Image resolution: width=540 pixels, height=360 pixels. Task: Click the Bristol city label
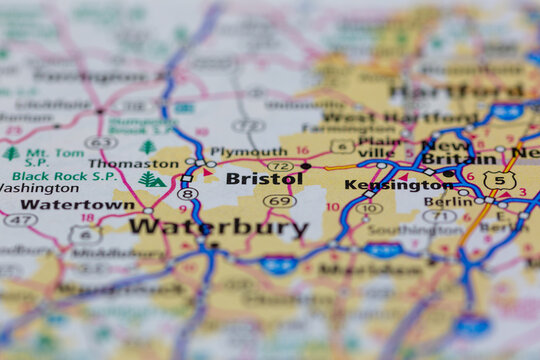(x=264, y=179)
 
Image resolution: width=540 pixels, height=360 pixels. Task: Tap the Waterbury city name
(x=218, y=227)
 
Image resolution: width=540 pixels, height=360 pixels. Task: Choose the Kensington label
(x=384, y=185)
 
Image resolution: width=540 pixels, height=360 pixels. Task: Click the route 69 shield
(x=279, y=201)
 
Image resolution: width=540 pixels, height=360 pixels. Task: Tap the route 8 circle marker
(x=185, y=194)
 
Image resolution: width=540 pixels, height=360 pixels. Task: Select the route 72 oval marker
(x=281, y=166)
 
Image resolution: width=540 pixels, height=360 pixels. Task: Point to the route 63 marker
(x=99, y=142)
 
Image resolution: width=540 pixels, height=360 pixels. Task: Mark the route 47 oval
(x=19, y=220)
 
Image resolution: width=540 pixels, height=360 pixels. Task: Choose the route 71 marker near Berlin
(x=438, y=216)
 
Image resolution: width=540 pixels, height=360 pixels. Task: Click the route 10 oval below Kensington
(x=369, y=208)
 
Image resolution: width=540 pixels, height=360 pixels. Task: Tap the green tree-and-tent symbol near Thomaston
(x=152, y=181)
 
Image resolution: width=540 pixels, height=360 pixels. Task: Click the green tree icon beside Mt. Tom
(x=10, y=154)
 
